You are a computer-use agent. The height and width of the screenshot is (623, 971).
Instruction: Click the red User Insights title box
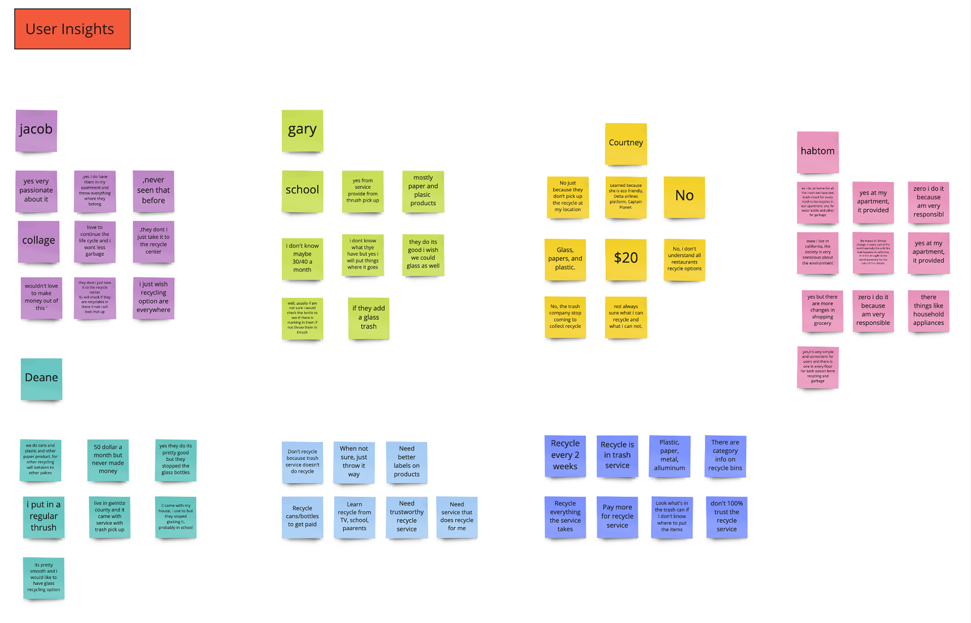tap(72, 29)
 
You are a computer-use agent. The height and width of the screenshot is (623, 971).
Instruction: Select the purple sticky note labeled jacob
tap(36, 130)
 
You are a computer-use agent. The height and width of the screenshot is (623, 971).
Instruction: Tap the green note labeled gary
tap(302, 130)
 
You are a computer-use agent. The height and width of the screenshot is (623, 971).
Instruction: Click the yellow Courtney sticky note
tap(626, 144)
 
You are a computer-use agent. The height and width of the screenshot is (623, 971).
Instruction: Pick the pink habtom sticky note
tap(818, 152)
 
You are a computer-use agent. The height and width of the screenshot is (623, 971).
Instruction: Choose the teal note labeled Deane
tap(41, 379)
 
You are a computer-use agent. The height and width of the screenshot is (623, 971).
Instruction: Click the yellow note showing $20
tap(626, 259)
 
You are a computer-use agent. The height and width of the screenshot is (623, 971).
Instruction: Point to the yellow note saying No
tap(684, 197)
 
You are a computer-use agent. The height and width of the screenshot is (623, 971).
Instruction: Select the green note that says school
tap(302, 191)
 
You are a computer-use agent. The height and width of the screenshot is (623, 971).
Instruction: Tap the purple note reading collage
tap(38, 241)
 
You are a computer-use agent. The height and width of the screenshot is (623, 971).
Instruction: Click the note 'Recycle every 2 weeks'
tap(565, 456)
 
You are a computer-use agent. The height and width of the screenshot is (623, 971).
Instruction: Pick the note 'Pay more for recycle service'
tap(617, 517)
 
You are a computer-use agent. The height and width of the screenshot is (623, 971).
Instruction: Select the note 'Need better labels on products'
tap(407, 462)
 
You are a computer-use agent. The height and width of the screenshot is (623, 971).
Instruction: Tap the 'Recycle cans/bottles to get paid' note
tap(302, 517)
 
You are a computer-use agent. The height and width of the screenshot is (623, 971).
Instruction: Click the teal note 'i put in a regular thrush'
tap(43, 517)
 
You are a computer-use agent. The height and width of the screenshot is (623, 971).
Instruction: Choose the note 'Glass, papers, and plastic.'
tap(565, 259)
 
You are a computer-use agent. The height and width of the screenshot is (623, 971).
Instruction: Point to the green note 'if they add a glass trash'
tap(369, 318)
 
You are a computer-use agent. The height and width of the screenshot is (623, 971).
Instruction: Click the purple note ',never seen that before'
tap(153, 191)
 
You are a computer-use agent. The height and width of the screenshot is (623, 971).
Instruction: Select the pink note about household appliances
tap(929, 310)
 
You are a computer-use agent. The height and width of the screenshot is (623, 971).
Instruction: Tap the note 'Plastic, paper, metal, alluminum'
tap(670, 456)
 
